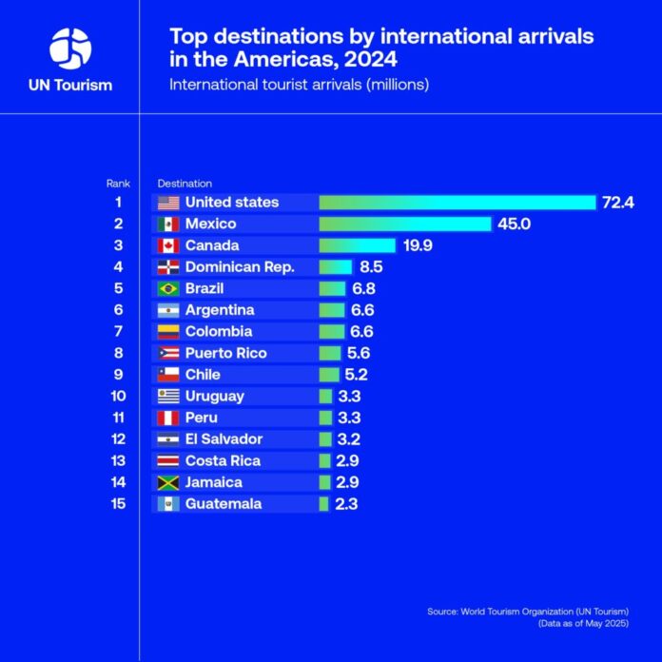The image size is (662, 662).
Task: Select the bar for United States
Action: [457, 202]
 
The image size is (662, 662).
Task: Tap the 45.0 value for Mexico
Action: [514, 224]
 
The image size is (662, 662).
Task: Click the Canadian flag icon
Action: [168, 245]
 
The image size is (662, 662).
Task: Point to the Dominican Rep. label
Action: [240, 267]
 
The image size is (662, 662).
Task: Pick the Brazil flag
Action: [168, 288]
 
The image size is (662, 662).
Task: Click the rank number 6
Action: [119, 310]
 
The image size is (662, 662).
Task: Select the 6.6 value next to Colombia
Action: [361, 332]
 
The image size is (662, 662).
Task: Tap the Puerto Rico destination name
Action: [225, 353]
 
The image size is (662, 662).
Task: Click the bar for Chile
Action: [330, 375]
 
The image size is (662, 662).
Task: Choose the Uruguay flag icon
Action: [168, 396]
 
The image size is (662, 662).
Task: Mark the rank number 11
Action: [119, 418]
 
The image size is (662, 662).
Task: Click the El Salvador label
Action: [224, 439]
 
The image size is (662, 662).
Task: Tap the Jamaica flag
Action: [168, 482]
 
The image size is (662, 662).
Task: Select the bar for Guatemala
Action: [324, 504]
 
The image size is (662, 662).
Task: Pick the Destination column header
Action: [185, 183]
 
